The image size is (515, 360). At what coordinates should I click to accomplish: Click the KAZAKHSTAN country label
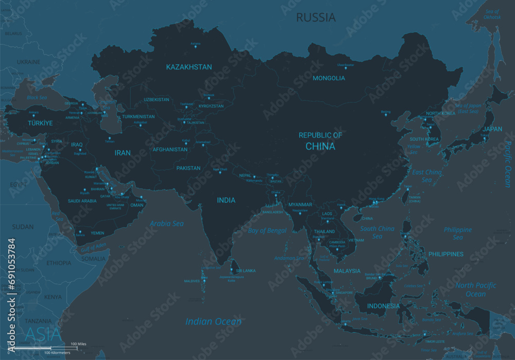coord(188,67)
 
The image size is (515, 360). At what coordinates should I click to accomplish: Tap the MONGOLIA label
coord(329,78)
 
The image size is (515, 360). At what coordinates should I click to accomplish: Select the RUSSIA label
coord(316,18)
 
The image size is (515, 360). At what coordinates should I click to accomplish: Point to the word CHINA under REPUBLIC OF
coord(320,146)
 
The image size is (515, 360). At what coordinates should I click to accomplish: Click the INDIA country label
coord(226,200)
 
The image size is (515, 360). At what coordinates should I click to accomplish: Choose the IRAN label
coord(123,152)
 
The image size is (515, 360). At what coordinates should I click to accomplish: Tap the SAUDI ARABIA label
coord(82,201)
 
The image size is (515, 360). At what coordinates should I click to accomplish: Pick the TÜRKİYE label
coord(40,124)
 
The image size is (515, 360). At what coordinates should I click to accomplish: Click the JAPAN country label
coord(493,129)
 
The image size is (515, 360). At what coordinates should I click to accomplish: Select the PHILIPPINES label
coord(445,254)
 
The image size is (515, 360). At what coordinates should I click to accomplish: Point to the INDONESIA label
coord(383,306)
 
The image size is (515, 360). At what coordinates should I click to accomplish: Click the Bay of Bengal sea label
coord(267,231)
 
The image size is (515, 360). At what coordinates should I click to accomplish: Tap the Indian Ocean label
coord(213,322)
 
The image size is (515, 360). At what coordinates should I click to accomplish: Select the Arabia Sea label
coord(166,224)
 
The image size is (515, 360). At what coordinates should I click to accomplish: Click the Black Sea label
coord(37,97)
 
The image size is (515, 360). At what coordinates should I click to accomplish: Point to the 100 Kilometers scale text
coord(57,352)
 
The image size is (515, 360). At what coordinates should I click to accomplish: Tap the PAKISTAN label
coord(188,168)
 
